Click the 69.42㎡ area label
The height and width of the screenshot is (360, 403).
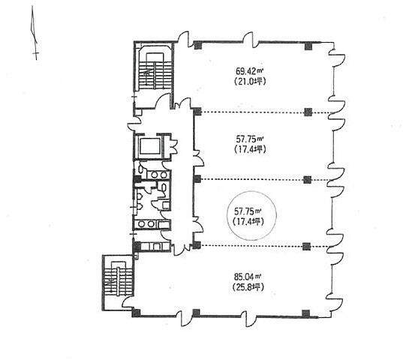pos(249,70)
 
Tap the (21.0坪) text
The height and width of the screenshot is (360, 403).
pos(250,82)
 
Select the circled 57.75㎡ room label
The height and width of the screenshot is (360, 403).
pos(248,211)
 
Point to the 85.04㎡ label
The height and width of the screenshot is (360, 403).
pos(248,277)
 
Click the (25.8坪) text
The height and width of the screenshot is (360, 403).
pos(248,286)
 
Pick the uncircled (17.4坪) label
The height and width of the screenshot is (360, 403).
pos(250,149)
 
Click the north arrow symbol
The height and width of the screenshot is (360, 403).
pos(35,33)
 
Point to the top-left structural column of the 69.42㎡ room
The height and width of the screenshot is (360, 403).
pos(197,46)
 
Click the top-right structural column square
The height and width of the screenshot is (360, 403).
pos(308,46)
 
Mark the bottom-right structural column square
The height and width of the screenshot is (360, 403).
pos(305,313)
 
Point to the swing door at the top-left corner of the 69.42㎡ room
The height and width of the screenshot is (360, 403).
pos(184,40)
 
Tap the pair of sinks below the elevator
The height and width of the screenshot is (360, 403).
pos(158,175)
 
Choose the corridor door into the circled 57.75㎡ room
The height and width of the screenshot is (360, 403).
pos(198,224)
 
